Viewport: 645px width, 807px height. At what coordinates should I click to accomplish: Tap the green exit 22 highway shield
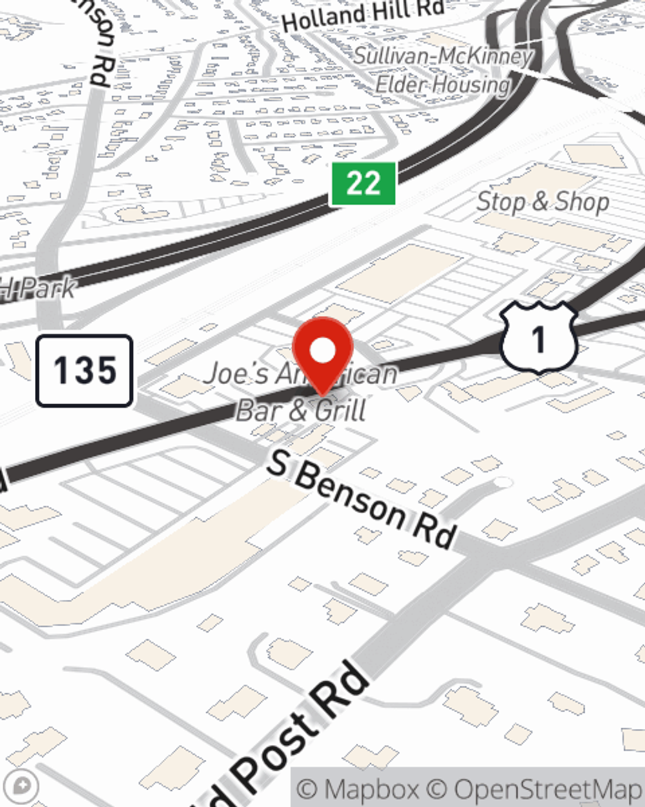(x=363, y=184)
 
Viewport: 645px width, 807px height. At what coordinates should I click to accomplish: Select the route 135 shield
(x=84, y=371)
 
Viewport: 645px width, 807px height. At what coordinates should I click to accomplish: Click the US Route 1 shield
(x=538, y=338)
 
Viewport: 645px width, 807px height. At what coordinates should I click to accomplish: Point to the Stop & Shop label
(x=542, y=202)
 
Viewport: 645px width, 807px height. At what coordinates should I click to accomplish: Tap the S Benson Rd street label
(x=362, y=500)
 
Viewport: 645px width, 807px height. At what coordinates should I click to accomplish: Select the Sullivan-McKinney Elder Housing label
(x=443, y=70)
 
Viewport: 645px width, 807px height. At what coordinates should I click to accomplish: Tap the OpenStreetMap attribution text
(x=547, y=789)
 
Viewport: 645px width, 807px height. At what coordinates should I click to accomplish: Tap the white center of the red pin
(x=322, y=351)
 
